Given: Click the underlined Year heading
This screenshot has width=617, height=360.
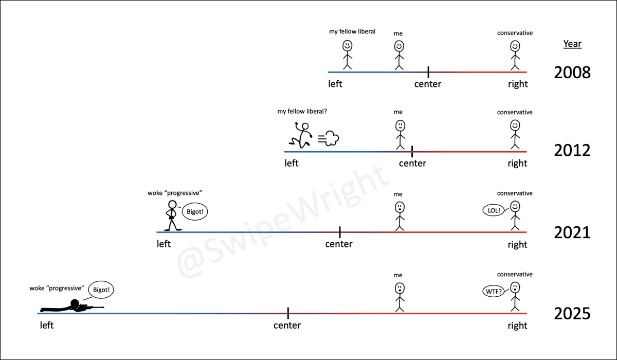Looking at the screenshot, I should (572, 44).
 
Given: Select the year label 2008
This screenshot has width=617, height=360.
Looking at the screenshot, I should (572, 73).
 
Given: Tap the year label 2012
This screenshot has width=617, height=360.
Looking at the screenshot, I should (572, 151).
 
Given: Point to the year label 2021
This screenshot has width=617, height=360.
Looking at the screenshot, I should (572, 233).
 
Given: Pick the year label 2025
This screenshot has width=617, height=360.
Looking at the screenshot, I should (572, 313).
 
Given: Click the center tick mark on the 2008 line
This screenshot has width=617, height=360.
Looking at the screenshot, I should (428, 72).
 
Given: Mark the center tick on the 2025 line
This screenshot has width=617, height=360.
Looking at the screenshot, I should (288, 313).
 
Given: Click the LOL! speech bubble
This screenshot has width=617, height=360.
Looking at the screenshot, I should (491, 210).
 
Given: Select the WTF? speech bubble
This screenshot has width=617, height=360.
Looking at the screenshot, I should (492, 292).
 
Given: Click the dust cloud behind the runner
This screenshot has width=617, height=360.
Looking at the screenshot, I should (330, 138).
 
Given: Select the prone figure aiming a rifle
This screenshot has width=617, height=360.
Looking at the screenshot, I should (72, 307).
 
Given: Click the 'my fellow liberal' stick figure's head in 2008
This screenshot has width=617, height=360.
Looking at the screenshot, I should (347, 46).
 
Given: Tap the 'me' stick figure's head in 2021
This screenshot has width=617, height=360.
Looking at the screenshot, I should (399, 207).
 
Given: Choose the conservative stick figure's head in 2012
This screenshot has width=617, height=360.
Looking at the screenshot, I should (515, 125).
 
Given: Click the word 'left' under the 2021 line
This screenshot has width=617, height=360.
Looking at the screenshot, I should (164, 244).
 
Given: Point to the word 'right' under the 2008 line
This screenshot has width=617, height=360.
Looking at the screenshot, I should (517, 84).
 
